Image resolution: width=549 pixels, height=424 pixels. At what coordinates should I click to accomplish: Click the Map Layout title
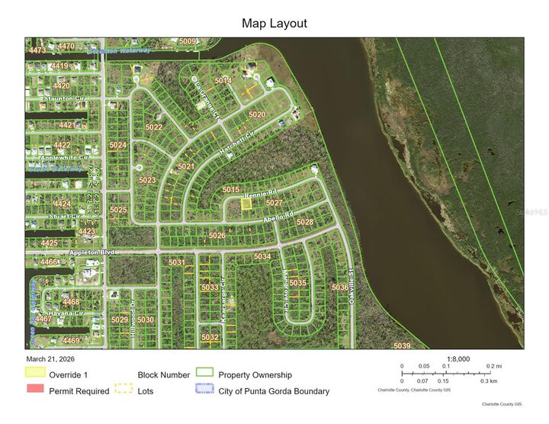point(274,24)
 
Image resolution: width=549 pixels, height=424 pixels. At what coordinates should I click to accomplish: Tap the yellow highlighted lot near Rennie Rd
point(246,204)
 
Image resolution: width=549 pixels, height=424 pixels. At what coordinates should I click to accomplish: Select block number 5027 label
point(274,203)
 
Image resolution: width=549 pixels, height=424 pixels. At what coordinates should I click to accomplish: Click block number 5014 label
point(223,80)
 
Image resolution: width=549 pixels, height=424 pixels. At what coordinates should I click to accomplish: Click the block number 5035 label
point(298,283)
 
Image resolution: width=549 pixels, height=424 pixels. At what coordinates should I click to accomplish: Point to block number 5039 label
point(402,346)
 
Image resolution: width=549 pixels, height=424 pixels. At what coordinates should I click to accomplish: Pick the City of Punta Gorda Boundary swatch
point(204,390)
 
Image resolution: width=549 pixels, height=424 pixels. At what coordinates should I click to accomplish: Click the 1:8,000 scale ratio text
point(458,358)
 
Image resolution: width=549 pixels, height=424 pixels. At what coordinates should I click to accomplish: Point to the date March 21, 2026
point(56,358)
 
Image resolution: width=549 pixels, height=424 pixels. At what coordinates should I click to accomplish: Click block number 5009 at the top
point(188,42)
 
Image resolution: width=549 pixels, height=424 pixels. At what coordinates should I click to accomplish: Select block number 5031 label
point(177,263)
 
